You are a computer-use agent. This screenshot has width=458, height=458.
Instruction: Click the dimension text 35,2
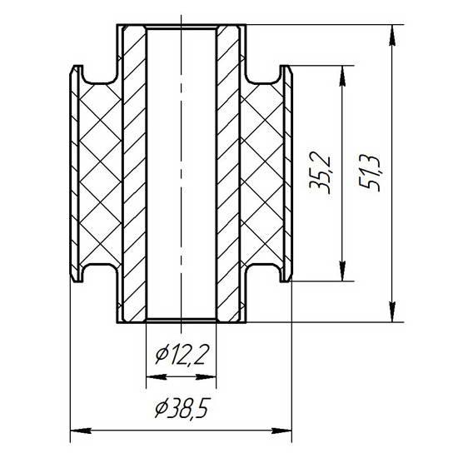coord(321,172)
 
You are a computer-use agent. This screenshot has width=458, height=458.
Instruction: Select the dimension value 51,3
coord(371,172)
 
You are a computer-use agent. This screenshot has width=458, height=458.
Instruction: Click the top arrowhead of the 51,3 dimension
coord(392,35)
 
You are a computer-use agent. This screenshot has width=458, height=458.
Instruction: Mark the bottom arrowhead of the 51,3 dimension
coord(392,311)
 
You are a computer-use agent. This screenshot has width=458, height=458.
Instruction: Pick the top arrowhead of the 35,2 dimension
coord(342,76)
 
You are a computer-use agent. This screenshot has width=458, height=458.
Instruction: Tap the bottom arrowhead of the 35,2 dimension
coord(342,271)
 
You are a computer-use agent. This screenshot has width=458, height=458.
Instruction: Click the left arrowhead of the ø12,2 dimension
coord(157,377)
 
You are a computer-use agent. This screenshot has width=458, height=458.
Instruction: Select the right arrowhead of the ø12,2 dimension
coord(206,377)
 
